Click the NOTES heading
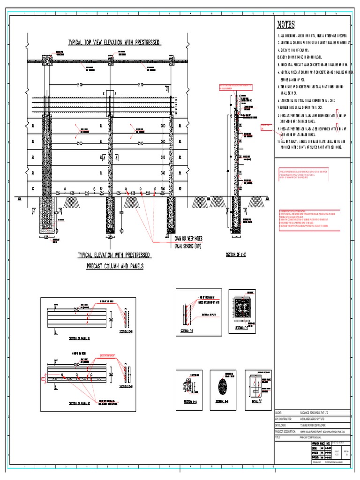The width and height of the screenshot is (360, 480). (x=286, y=25)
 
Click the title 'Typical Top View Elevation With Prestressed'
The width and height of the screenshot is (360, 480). (x=115, y=42)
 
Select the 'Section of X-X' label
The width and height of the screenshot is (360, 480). (x=237, y=255)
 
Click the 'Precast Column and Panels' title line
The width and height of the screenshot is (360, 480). (x=115, y=266)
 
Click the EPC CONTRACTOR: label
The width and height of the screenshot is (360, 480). (x=285, y=418)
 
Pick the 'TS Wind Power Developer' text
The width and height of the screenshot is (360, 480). (x=312, y=424)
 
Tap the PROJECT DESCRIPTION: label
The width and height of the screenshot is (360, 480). (x=286, y=431)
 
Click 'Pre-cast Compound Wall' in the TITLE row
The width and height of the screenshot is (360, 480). (x=311, y=437)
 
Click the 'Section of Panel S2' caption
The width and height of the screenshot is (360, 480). (x=67, y=403)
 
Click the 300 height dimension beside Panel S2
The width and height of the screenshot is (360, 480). (x=111, y=375)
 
